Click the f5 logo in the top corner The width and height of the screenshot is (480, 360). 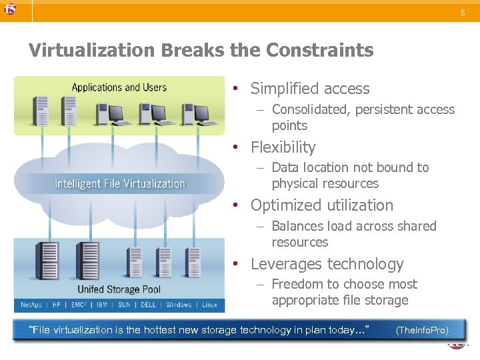point(9,9)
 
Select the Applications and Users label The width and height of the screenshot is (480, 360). point(119,87)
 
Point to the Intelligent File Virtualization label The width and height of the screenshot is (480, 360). point(120,183)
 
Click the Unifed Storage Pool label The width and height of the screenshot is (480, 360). point(119,289)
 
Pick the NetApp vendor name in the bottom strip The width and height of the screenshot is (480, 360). point(31,305)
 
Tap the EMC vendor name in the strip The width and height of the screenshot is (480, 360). point(79,305)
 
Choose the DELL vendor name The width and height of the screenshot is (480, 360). point(148,305)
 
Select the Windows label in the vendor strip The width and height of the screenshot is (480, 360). point(179,305)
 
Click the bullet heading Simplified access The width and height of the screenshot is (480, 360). point(309,89)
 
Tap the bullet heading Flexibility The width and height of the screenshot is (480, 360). point(283,147)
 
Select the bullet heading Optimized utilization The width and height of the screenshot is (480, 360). point(322,205)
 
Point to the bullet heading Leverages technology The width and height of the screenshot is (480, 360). point(327,264)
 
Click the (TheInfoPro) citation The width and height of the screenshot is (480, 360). point(421,331)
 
